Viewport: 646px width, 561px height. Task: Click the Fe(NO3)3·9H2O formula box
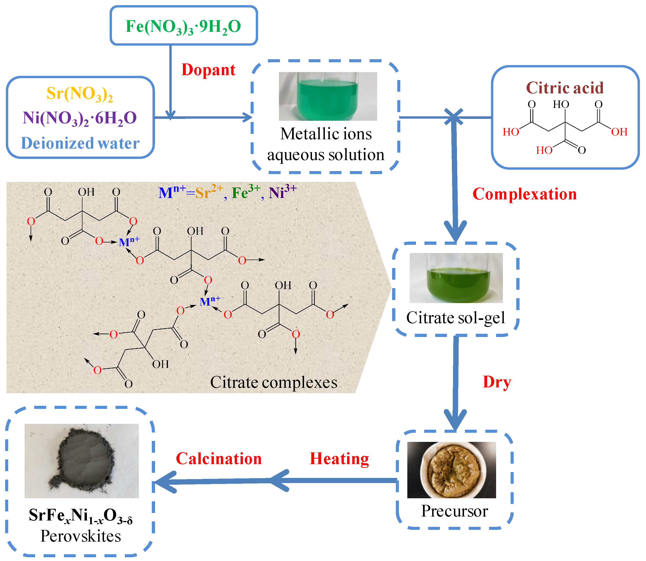(184, 26)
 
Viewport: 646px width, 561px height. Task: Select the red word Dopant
(208, 70)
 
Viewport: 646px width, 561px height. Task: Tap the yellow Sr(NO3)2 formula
(80, 93)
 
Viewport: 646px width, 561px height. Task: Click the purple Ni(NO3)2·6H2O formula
(80, 118)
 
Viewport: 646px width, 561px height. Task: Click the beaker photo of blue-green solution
(328, 96)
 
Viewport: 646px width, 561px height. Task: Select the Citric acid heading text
(564, 88)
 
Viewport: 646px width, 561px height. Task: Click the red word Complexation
(524, 194)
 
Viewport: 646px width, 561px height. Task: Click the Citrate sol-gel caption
(456, 318)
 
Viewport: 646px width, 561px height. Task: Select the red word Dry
(497, 382)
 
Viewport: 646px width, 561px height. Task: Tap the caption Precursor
(454, 511)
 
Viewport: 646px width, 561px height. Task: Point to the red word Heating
(339, 459)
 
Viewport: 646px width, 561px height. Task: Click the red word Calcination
(219, 459)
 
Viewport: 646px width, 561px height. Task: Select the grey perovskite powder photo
(82, 461)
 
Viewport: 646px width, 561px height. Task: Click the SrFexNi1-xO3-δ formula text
(81, 515)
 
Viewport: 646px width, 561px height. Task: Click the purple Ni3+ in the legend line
(282, 192)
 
